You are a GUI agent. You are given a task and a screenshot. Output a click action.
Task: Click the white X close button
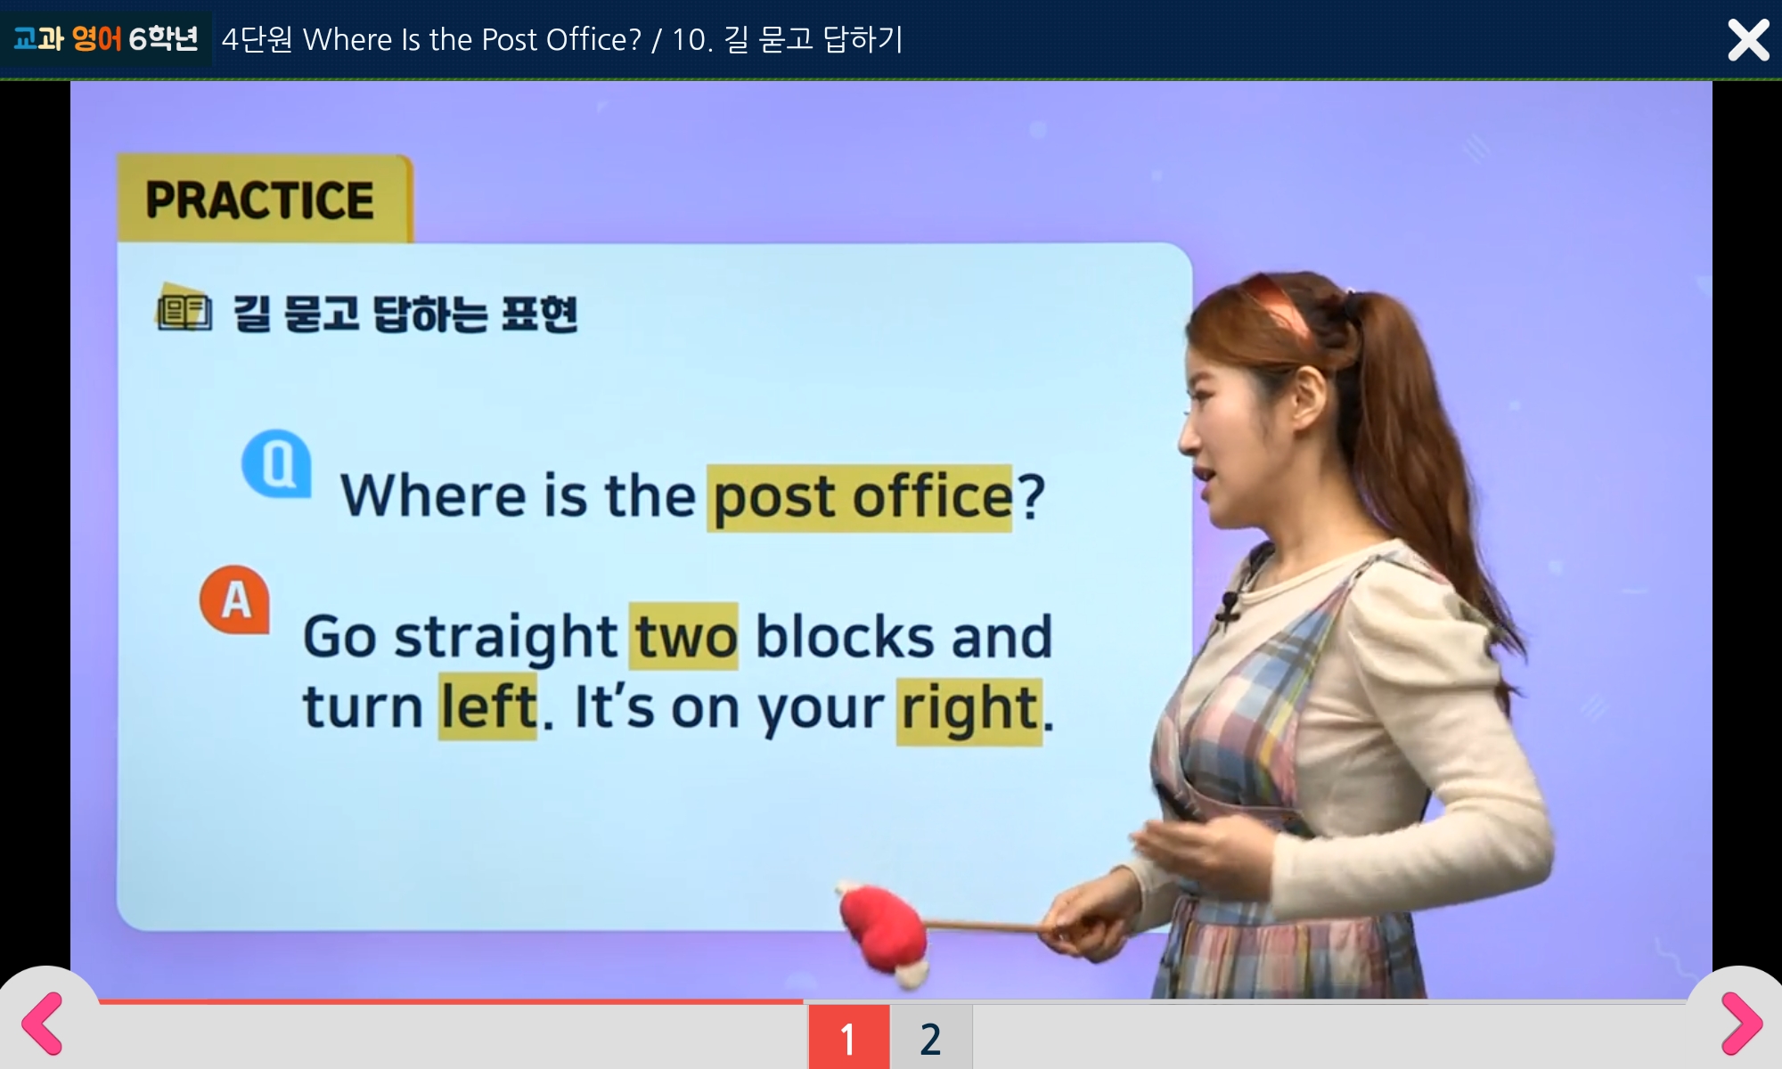coord(1748,40)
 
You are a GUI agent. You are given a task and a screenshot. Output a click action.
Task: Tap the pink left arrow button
coord(42,1023)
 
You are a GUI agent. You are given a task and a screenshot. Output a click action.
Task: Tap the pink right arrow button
coord(1741,1023)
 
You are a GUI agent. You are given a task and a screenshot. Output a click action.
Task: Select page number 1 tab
coord(848,1037)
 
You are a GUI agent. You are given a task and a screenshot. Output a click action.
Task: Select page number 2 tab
coord(931,1037)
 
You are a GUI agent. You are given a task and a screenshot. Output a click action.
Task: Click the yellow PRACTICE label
coord(264,199)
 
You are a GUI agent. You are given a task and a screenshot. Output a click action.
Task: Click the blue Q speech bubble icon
coord(277,462)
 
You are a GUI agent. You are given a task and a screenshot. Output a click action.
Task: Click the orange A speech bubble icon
coord(235,600)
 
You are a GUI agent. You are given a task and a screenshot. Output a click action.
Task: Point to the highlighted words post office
coord(861,497)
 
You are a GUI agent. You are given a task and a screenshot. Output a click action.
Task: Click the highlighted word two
coord(684,636)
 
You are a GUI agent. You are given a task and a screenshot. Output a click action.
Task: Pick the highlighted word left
coord(488,707)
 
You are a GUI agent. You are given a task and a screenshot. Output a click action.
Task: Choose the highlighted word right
coord(969,709)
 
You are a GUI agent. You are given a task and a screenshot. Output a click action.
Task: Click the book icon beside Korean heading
coord(184,308)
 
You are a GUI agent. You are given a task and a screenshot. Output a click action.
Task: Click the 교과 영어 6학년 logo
coord(106,38)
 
